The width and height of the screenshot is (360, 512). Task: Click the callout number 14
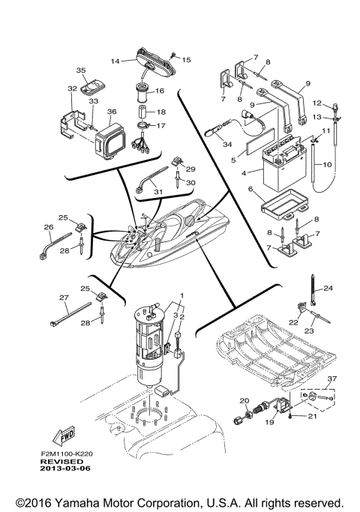pyautogui.click(x=115, y=61)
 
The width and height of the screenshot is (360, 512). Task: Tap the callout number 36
pyautogui.click(x=112, y=112)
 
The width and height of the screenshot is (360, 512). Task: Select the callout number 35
pyautogui.click(x=80, y=70)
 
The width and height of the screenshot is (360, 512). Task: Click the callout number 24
pyautogui.click(x=328, y=289)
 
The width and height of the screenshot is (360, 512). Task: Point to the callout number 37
pyautogui.click(x=332, y=379)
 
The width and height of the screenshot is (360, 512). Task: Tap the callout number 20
pyautogui.click(x=244, y=401)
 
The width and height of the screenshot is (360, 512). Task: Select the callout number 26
pyautogui.click(x=48, y=226)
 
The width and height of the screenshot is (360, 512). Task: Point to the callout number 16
pyautogui.click(x=160, y=91)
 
